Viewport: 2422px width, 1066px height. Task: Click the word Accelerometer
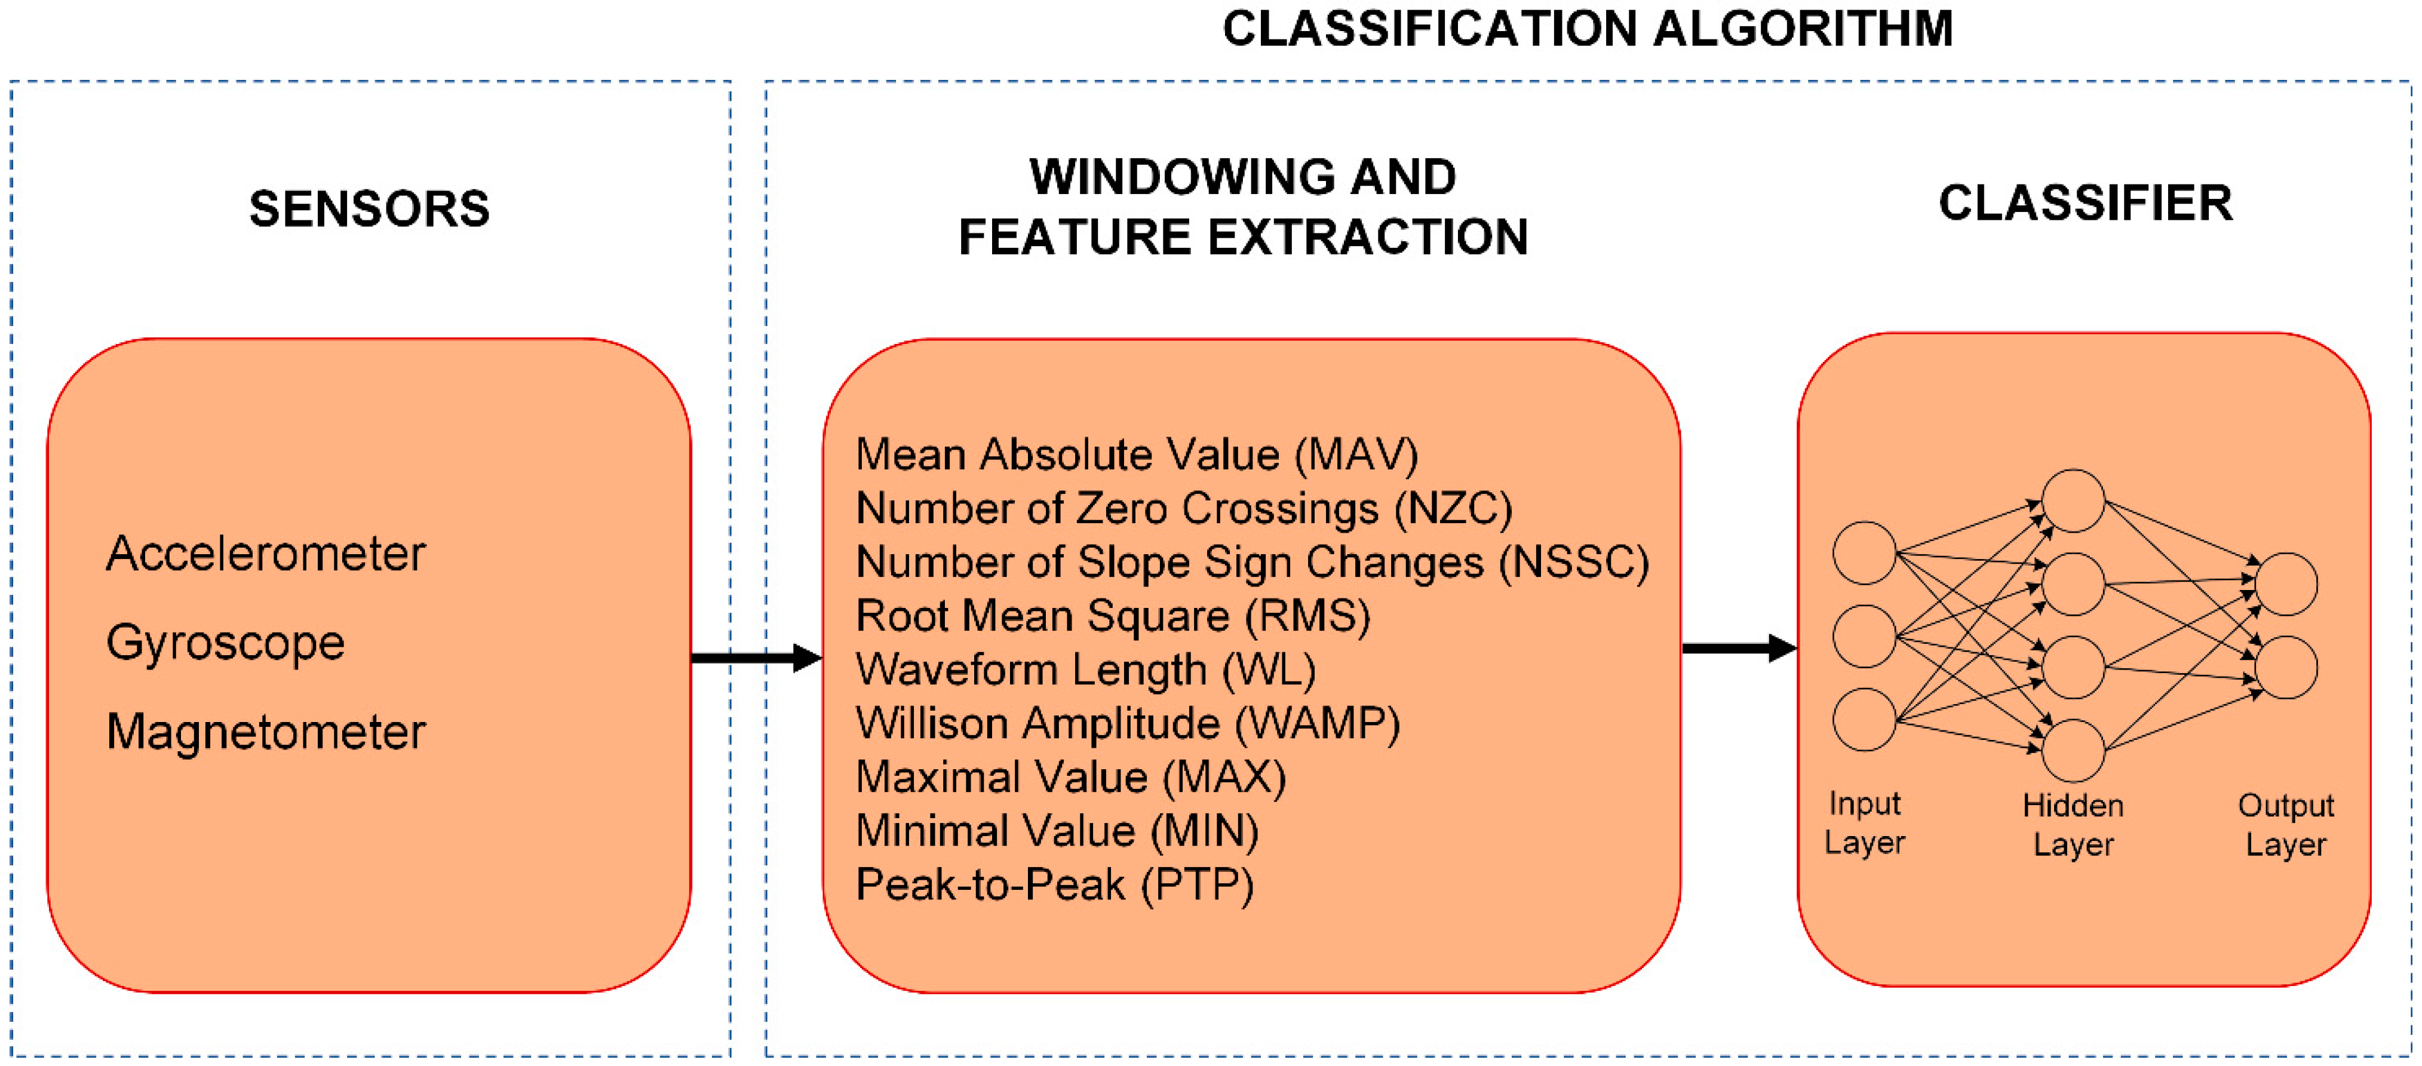pos(265,553)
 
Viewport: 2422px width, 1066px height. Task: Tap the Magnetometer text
pos(265,732)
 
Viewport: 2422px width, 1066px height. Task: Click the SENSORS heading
pos(370,208)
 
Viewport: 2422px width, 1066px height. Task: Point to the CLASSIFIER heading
pos(2085,203)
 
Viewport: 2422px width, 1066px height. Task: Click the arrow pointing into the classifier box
pos(1739,648)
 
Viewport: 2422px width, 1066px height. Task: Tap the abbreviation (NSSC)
pos(1573,562)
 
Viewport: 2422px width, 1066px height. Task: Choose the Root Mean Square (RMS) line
pos(1112,616)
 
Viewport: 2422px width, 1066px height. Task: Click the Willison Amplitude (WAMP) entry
pos(1127,723)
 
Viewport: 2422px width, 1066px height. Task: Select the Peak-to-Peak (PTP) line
pos(1054,884)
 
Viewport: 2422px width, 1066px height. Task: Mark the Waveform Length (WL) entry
pos(1085,669)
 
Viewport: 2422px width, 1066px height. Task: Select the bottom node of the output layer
pos(2286,668)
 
